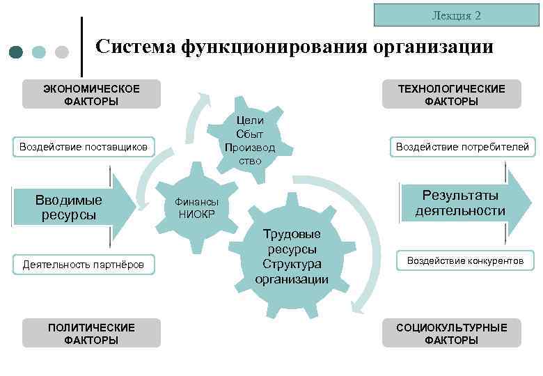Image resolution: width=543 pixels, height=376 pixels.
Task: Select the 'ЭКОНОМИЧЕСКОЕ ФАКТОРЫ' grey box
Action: point(91,95)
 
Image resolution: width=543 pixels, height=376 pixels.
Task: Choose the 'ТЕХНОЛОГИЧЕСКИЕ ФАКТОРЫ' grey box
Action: point(451,95)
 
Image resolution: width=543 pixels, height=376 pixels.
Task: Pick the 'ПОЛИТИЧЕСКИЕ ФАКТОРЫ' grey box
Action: point(91,334)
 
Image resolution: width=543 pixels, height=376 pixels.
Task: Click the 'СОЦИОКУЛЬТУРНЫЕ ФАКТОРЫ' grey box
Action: point(451,334)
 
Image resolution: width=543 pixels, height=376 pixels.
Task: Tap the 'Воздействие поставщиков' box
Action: point(84,147)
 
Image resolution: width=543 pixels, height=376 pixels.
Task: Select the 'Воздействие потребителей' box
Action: point(462,146)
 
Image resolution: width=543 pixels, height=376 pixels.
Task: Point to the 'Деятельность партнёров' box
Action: point(84,263)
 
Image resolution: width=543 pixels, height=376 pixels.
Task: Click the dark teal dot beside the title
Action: point(17,52)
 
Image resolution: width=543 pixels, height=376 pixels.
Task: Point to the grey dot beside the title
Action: point(61,52)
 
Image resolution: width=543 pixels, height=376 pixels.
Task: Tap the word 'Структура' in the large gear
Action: point(292,265)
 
